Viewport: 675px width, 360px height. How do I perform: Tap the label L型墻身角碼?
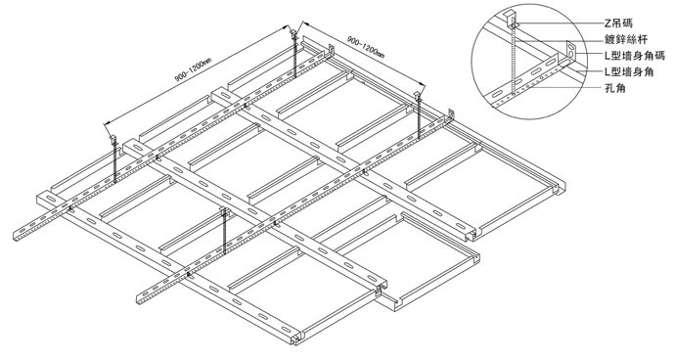[x=635, y=56]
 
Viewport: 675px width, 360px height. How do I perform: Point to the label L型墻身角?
[x=629, y=71]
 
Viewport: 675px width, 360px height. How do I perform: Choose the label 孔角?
[x=615, y=88]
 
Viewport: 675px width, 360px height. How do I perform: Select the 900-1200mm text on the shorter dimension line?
[x=366, y=47]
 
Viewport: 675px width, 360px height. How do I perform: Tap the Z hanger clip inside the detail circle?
[x=511, y=18]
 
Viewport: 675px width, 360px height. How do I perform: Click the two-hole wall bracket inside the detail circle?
[x=571, y=51]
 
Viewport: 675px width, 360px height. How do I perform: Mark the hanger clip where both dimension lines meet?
[x=294, y=32]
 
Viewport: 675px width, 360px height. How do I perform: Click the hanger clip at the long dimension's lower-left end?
[x=113, y=139]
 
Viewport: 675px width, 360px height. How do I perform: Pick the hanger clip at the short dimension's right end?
[x=418, y=94]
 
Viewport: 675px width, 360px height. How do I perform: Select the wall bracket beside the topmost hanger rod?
[x=332, y=50]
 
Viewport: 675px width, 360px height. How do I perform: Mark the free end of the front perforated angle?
[x=140, y=299]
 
